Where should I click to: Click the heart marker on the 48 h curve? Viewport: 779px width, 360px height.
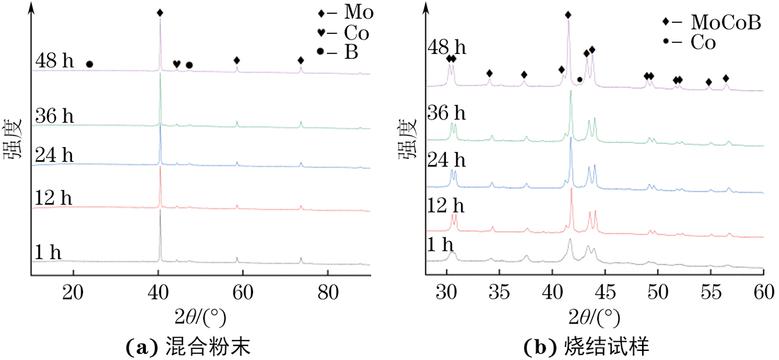176,64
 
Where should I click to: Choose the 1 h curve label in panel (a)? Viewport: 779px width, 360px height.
48,253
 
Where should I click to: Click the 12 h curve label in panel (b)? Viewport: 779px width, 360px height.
447,207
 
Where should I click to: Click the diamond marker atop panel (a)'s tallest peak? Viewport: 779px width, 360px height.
160,12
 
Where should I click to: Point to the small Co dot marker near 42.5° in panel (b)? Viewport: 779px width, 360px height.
579,80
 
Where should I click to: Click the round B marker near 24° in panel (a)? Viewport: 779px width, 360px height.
89,64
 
